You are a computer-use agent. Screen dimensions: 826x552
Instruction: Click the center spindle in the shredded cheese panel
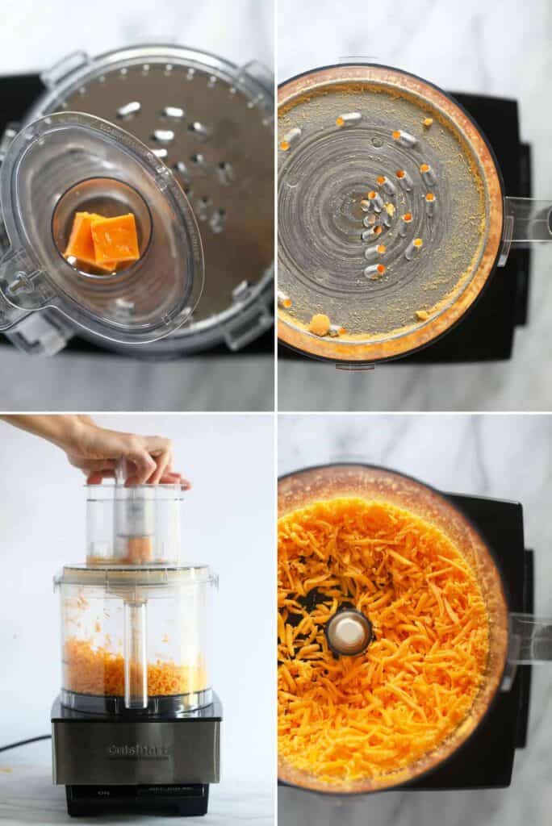(349, 632)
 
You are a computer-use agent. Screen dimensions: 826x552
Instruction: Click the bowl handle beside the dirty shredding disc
(529, 222)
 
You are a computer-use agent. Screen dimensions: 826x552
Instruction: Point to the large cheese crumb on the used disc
(320, 324)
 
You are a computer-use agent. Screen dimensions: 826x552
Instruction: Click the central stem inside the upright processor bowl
(136, 653)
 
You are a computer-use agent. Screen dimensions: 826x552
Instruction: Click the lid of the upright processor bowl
(136, 575)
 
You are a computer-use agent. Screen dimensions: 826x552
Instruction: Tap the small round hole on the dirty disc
(377, 142)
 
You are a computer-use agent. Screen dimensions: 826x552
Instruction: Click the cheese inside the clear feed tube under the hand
(137, 549)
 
